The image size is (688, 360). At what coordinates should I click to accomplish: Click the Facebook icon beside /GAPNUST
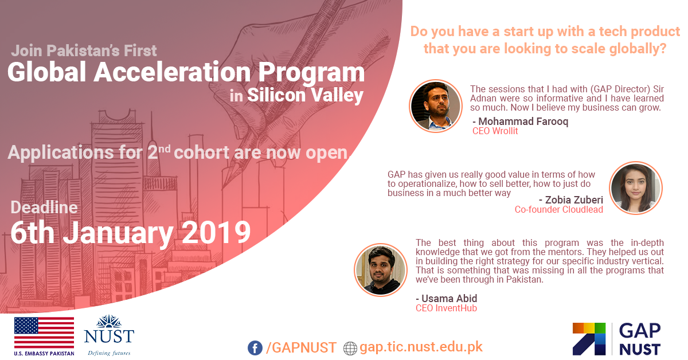click(255, 348)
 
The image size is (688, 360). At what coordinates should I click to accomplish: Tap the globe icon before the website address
click(350, 349)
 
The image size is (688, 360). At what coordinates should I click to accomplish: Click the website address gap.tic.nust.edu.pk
click(421, 347)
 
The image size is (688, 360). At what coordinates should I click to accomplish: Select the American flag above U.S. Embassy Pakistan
click(44, 332)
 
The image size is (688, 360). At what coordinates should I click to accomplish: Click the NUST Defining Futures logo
click(109, 335)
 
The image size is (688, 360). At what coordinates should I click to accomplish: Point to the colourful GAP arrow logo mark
click(589, 339)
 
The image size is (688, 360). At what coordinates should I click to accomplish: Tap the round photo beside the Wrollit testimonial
click(436, 106)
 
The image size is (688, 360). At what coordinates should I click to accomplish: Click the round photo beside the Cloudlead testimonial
click(635, 188)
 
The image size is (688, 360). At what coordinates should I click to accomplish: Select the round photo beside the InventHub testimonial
click(381, 270)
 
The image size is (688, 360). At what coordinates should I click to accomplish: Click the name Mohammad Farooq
click(523, 122)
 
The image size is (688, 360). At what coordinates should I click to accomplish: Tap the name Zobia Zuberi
click(574, 200)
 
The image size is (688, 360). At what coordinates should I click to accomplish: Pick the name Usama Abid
click(449, 298)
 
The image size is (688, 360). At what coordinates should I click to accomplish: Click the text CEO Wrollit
click(495, 131)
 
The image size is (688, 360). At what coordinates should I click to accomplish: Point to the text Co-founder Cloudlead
click(558, 209)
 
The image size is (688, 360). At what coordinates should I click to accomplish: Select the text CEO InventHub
click(446, 308)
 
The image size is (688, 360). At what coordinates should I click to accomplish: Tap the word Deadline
click(44, 208)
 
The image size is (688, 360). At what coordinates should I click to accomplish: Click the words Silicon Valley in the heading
click(305, 95)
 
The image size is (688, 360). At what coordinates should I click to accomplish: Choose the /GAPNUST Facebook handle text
click(301, 348)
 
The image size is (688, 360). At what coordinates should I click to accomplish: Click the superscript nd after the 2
click(165, 148)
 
